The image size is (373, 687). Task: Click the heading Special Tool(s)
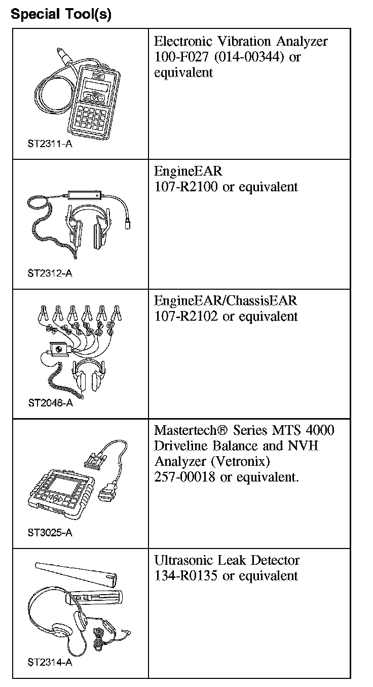pyautogui.click(x=61, y=14)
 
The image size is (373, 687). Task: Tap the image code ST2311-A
pyautogui.click(x=50, y=144)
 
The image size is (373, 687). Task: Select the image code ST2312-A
pyautogui.click(x=50, y=273)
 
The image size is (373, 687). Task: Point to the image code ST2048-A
pyautogui.click(x=50, y=403)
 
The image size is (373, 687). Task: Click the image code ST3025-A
pyautogui.click(x=50, y=533)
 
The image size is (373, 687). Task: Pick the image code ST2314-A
pyautogui.click(x=50, y=662)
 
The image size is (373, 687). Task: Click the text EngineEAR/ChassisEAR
pyautogui.click(x=226, y=301)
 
